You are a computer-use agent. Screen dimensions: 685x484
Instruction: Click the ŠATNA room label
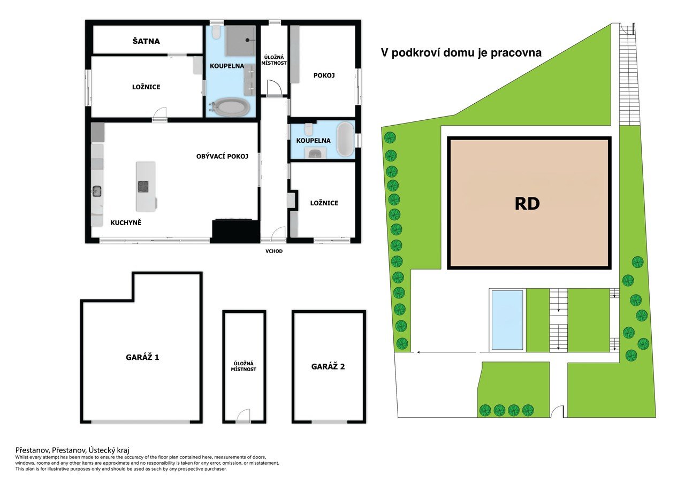click(146, 41)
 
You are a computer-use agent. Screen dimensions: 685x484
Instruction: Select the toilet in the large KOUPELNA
click(217, 33)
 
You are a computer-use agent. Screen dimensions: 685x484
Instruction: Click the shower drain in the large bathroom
click(247, 40)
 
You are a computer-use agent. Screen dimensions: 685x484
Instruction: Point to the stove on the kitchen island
click(143, 187)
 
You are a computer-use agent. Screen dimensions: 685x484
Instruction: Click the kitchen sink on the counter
click(97, 191)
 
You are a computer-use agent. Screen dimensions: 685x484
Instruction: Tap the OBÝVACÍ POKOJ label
click(222, 157)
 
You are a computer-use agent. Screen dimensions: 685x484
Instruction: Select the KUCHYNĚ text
click(126, 223)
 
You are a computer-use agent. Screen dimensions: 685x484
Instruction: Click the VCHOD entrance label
click(274, 251)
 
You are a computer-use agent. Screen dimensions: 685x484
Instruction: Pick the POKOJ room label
click(324, 75)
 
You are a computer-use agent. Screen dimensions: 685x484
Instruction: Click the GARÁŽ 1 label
click(142, 357)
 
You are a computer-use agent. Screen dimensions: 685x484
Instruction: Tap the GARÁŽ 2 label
click(328, 367)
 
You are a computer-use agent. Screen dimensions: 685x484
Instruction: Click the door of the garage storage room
click(243, 416)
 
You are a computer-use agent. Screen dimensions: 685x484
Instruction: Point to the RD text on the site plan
click(527, 204)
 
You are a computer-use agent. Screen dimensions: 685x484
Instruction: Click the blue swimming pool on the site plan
click(507, 320)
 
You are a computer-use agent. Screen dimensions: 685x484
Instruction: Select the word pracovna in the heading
click(516, 52)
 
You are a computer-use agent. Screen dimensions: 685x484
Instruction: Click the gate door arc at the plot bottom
click(557, 411)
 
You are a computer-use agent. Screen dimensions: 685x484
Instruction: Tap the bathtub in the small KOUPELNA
click(345, 140)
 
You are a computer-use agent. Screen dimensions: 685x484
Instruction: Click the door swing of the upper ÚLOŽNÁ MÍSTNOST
click(274, 88)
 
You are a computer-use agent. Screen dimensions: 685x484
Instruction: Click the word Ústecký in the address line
click(100, 450)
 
